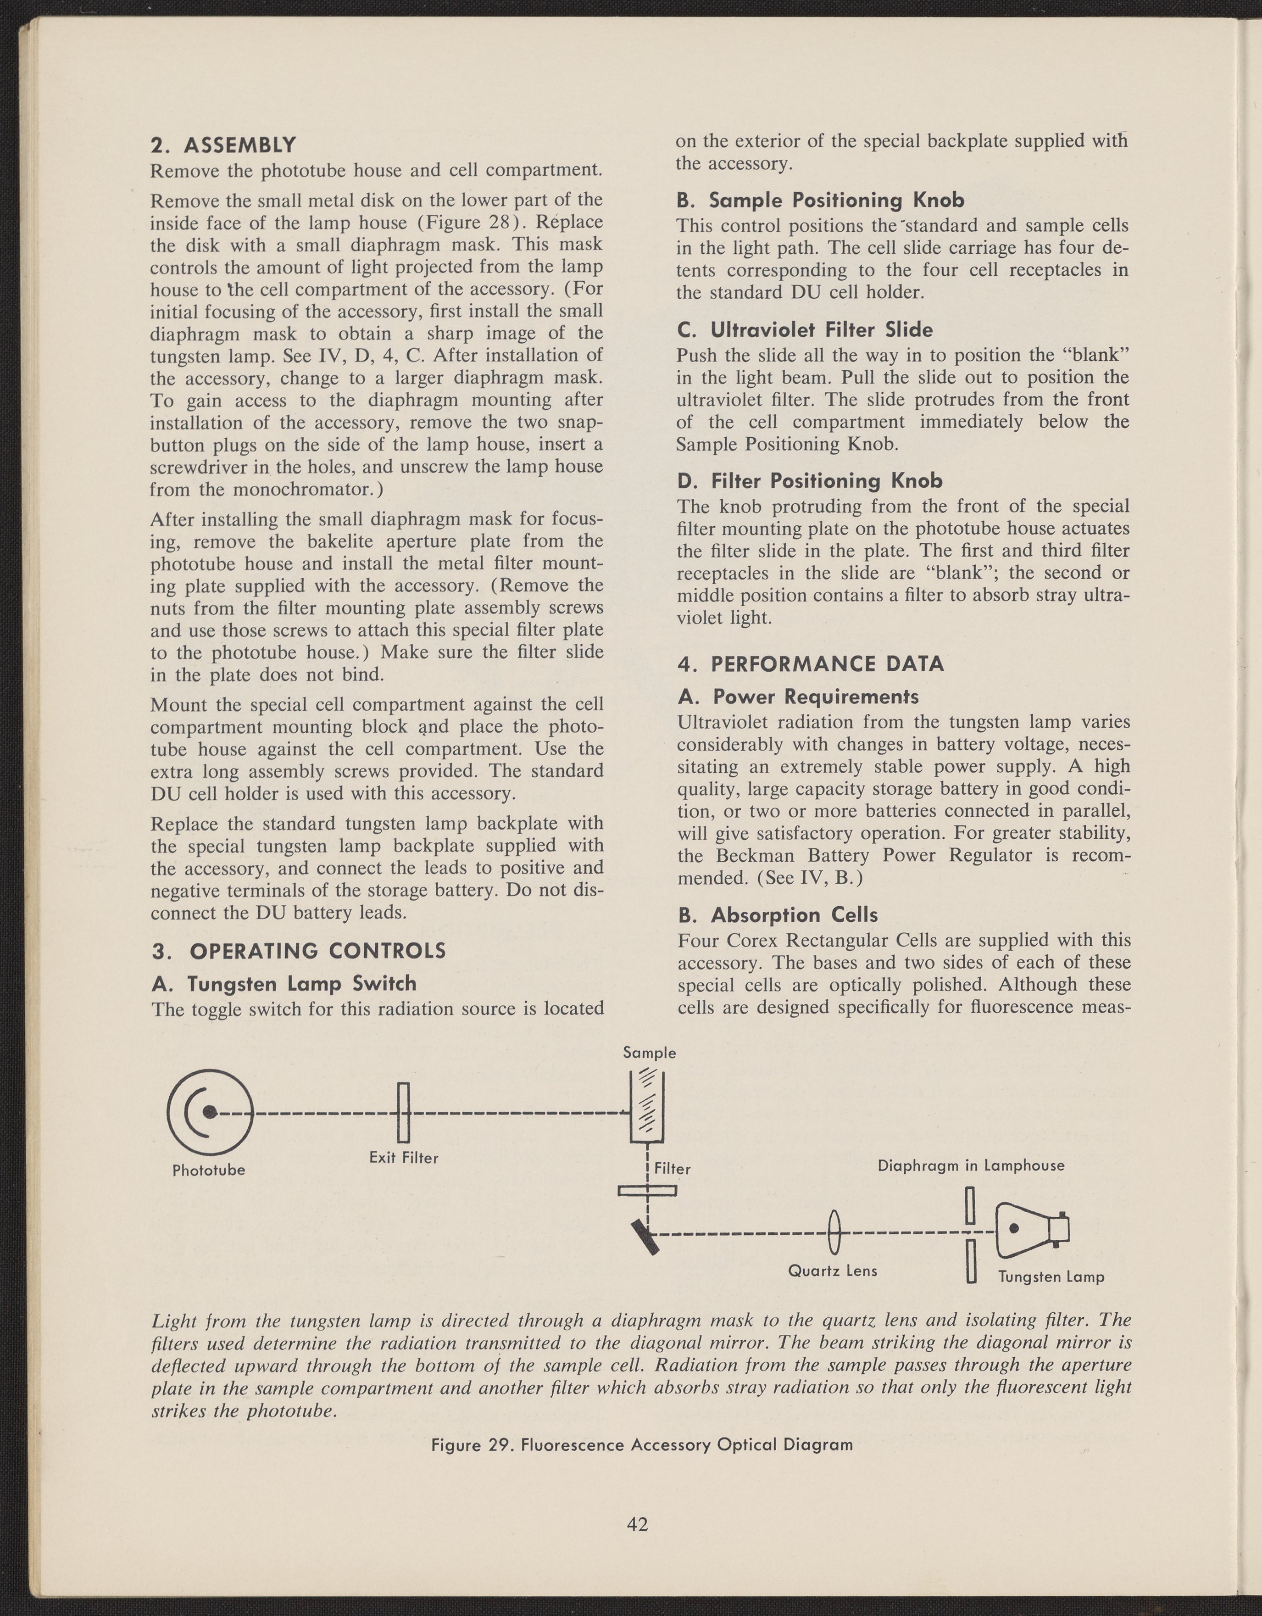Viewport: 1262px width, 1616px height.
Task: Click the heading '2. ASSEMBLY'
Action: tap(222, 144)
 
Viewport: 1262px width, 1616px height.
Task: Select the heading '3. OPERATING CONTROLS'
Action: tap(299, 951)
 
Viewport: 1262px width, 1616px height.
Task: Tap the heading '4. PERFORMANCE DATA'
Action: tap(811, 664)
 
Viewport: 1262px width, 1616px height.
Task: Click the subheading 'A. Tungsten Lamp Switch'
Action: tap(284, 983)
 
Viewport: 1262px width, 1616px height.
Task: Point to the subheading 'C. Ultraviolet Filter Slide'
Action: tap(805, 330)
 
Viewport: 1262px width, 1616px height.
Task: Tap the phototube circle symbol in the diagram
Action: tap(210, 1111)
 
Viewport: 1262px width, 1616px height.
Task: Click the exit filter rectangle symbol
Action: tap(403, 1112)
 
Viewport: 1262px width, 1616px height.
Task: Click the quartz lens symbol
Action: tap(834, 1233)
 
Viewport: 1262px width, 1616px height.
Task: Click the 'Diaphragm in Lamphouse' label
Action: tap(971, 1166)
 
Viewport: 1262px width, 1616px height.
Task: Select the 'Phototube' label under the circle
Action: tap(209, 1170)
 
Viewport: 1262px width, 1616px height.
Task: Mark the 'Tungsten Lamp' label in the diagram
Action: tap(1051, 1277)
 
